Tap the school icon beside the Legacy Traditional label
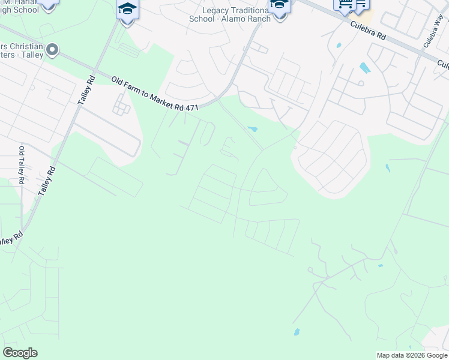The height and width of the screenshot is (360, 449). [x=279, y=6]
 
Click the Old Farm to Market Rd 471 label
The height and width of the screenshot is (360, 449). [x=155, y=92]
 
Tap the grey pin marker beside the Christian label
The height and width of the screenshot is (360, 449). [x=52, y=50]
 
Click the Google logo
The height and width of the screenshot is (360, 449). [x=20, y=353]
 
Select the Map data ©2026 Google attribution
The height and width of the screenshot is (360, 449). [x=412, y=355]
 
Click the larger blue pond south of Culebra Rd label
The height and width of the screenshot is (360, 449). [x=364, y=68]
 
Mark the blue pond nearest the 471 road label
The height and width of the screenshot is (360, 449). [x=253, y=129]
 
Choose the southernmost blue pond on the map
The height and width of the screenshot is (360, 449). [x=296, y=332]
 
